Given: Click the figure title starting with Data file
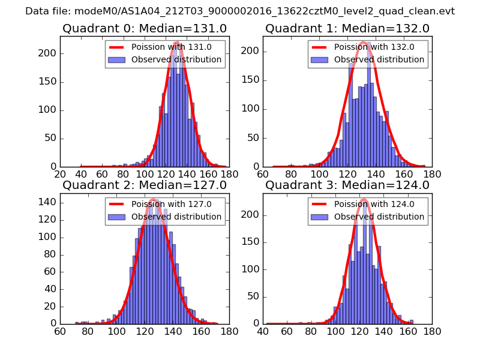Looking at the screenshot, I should point(240,11).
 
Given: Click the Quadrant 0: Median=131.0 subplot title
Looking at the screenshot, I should point(145,29).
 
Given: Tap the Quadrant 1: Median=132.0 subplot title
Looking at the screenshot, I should point(347,29).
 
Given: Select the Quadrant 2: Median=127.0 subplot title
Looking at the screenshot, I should point(145,185).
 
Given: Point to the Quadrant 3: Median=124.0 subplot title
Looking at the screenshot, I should point(347,185).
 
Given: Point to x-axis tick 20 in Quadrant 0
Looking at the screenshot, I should point(60,174).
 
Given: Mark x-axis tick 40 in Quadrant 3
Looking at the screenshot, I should point(263,331).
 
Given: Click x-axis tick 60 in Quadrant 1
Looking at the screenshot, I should point(263,174).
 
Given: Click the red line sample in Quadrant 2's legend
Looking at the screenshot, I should point(118,204).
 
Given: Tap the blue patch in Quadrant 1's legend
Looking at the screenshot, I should point(321,59).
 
